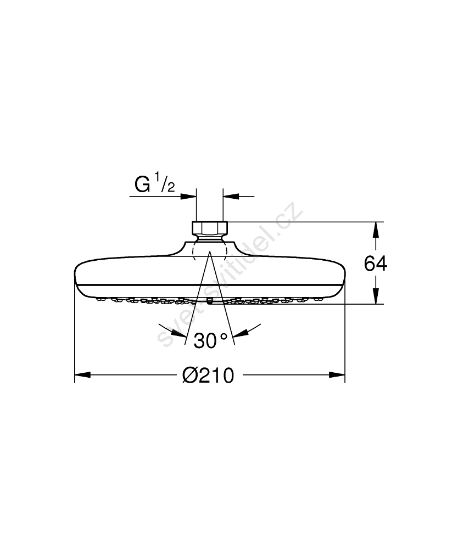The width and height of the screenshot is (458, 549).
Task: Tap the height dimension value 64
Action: (x=376, y=264)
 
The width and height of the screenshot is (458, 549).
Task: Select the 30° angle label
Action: (x=210, y=340)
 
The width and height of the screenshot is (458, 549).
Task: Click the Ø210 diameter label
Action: (x=208, y=376)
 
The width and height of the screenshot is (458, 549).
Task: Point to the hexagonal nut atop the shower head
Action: (x=210, y=228)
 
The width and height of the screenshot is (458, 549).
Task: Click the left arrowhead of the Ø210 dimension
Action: (x=82, y=375)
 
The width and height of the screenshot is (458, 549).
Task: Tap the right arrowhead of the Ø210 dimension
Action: (x=337, y=375)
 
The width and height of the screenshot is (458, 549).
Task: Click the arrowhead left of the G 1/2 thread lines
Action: (x=188, y=197)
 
